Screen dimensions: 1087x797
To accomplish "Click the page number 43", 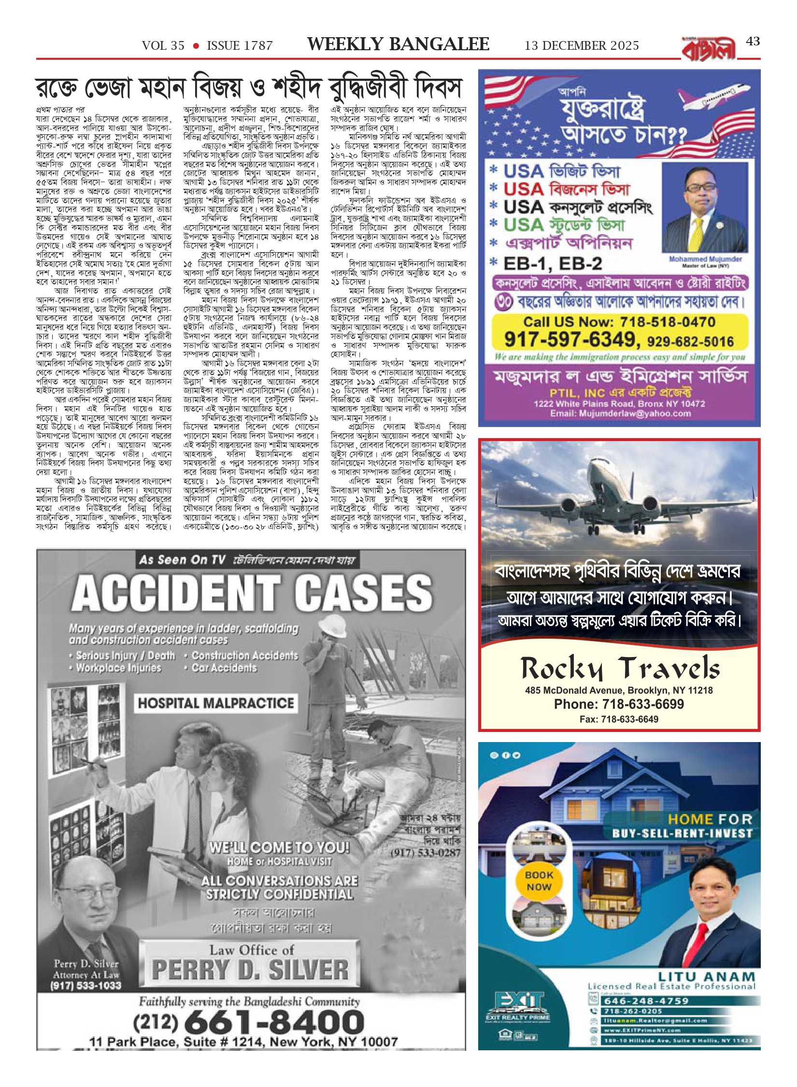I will point(753,42).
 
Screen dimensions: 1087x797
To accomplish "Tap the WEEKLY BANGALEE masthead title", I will point(398,44).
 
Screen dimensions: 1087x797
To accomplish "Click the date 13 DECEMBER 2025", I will point(582,46).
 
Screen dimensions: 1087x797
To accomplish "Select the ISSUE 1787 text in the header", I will point(240,46).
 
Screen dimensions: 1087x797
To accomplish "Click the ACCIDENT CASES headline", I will point(252,593).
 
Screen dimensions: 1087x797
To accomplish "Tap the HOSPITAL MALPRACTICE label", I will point(216,703).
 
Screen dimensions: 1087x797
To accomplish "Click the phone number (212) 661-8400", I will point(248,1022).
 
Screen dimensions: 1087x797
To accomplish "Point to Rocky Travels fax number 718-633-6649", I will point(619,719).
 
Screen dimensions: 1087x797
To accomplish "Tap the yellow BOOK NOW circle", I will point(539,881).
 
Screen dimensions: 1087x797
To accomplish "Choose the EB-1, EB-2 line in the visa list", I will point(553,264).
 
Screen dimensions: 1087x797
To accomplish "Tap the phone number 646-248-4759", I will point(646,1001).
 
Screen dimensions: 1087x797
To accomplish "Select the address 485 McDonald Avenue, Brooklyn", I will point(619,690).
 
